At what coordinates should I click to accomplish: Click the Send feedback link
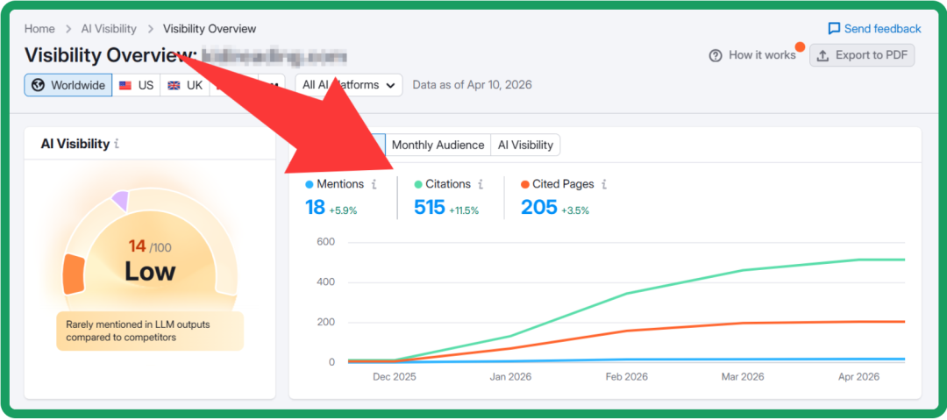874,29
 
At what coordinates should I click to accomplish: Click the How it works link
752,55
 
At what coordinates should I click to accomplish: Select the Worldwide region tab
68,85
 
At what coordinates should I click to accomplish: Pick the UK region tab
185,85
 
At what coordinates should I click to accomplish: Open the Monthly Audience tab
438,145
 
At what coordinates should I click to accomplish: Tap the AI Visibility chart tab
525,145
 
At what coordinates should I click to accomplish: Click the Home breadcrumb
39,29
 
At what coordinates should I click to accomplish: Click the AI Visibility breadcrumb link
110,29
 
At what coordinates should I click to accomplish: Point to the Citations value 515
429,208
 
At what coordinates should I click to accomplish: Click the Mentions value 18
315,208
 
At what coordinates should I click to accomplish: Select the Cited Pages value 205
538,208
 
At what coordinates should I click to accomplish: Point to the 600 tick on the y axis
325,242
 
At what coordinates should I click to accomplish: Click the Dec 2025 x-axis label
395,377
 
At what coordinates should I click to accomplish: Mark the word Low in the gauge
150,272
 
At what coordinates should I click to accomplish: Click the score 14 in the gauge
137,246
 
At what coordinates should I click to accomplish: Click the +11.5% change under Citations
464,210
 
